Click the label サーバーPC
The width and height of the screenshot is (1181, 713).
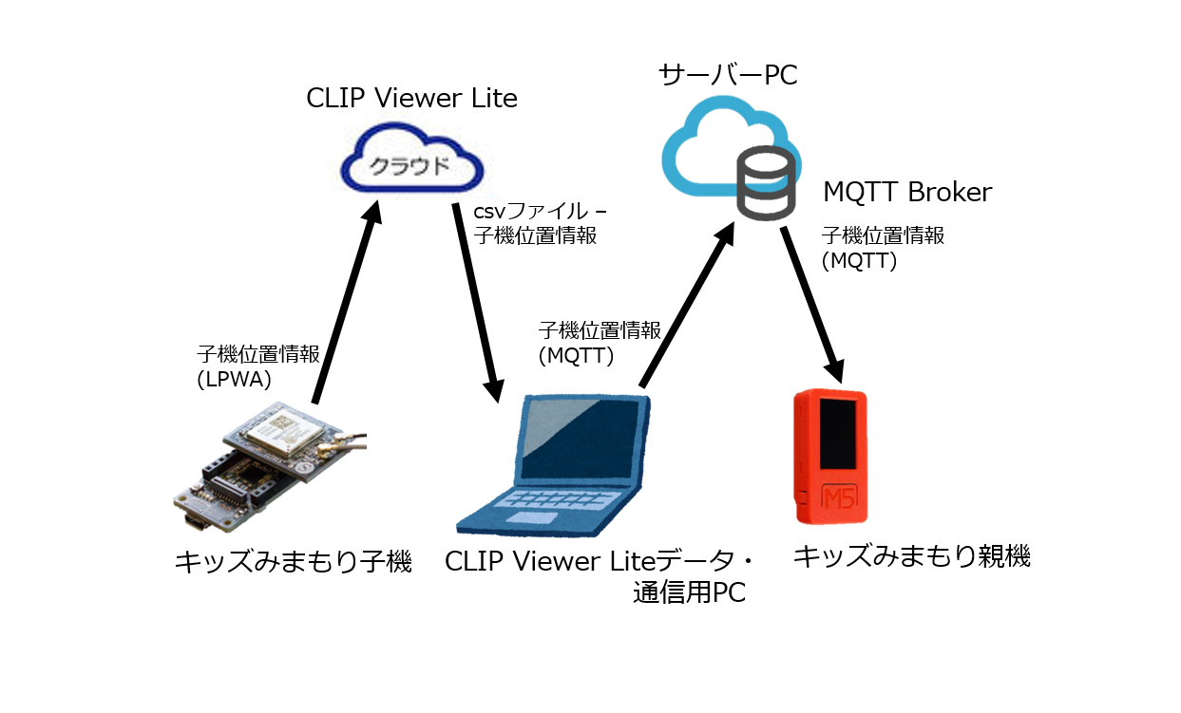point(728,74)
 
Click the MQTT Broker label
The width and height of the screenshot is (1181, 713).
point(906,192)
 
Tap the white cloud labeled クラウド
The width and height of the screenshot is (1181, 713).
point(412,166)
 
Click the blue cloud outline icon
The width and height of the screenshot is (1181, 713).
point(713,142)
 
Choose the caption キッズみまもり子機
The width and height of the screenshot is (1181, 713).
point(293,561)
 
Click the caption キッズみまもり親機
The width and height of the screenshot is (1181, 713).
point(911,556)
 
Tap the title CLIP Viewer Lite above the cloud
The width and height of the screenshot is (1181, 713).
point(411,98)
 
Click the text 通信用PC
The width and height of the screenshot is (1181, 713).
point(689,593)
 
